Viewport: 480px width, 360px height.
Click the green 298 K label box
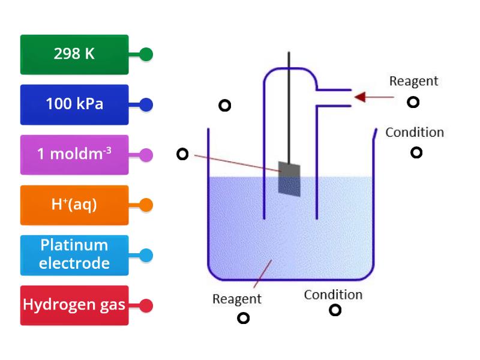coord(74,55)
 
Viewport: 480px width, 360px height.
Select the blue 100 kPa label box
coord(74,104)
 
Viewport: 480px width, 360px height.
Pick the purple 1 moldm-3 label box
coord(74,155)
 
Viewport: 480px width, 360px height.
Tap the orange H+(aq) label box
coord(74,205)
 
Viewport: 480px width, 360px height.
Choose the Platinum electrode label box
coord(74,255)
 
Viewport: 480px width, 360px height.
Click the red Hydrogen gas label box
coord(74,305)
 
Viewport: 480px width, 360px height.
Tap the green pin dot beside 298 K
coord(146,55)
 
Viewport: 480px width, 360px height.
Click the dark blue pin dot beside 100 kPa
coord(146,105)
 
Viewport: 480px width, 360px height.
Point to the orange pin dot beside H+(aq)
coord(146,205)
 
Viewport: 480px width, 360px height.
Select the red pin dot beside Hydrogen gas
coord(146,305)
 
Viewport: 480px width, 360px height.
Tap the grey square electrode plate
coord(289,178)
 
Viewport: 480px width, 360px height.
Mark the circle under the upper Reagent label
coord(413,102)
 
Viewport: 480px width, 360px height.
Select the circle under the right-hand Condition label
coord(416,152)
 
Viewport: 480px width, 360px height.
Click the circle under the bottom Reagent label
coord(243,318)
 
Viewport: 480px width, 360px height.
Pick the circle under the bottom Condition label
coord(335,310)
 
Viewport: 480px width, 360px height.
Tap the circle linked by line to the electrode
coord(182,154)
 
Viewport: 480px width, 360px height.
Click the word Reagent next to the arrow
coord(413,81)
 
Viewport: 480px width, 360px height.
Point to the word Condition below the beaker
coord(333,295)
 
